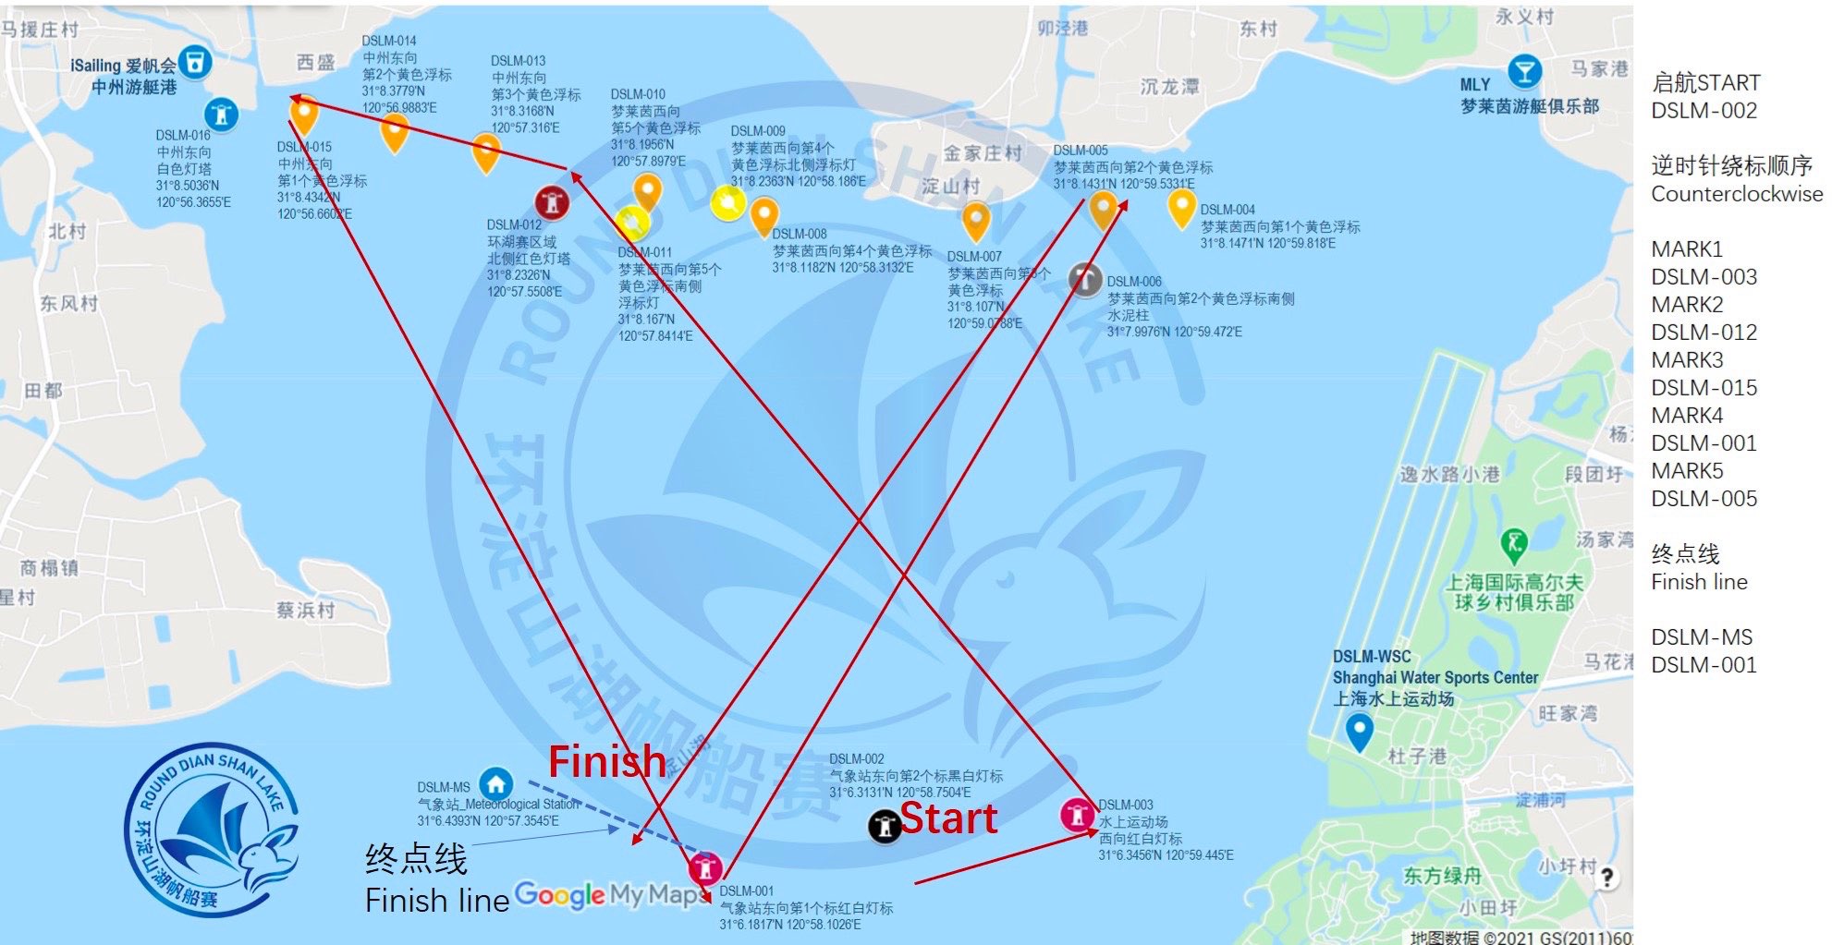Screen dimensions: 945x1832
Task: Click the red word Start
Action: pyautogui.click(x=948, y=818)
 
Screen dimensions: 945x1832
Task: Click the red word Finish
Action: pyautogui.click(x=606, y=762)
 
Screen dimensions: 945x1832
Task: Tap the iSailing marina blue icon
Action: pyautogui.click(x=195, y=63)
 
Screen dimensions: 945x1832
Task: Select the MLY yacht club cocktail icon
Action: pyautogui.click(x=1523, y=70)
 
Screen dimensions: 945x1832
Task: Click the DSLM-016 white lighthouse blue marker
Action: pyautogui.click(x=221, y=115)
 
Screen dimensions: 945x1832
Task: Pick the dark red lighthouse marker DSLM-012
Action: pyautogui.click(x=552, y=202)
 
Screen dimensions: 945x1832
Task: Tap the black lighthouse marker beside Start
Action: pyautogui.click(x=885, y=826)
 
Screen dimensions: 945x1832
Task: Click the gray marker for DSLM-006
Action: pyautogui.click(x=1085, y=279)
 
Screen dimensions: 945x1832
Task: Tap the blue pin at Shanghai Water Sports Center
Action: pyautogui.click(x=1358, y=732)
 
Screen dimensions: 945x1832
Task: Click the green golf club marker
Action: pyautogui.click(x=1513, y=544)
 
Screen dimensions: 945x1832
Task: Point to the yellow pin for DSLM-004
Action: pyautogui.click(x=1181, y=207)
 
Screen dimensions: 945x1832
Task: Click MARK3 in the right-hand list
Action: pyautogui.click(x=1687, y=359)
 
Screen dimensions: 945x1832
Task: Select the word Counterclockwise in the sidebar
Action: pyautogui.click(x=1737, y=194)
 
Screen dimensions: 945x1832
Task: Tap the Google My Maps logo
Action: pyautogui.click(x=610, y=894)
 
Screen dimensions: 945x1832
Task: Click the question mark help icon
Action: pyautogui.click(x=1607, y=878)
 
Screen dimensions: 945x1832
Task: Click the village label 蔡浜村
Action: pyautogui.click(x=305, y=610)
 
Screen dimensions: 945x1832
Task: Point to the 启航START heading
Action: pyautogui.click(x=1705, y=82)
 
